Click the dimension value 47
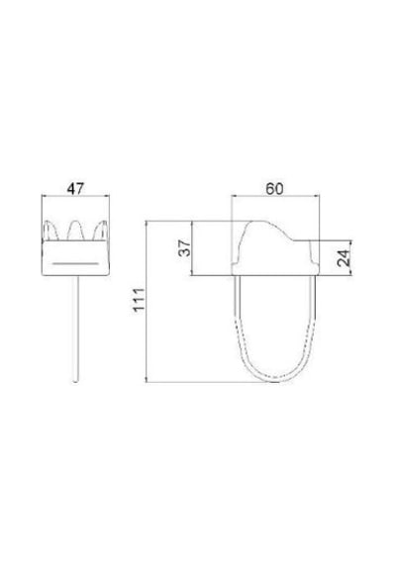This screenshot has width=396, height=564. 75,188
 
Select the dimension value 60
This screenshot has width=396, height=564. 274,188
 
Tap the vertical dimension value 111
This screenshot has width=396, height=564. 139,300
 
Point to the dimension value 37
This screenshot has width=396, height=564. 185,248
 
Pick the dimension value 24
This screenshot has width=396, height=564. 344,257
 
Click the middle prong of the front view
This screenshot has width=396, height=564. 75,231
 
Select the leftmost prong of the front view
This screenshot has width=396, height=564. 50,231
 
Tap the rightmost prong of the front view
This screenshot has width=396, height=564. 101,231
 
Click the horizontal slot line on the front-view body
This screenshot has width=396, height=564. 75,263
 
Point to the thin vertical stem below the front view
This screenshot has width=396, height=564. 75,329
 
